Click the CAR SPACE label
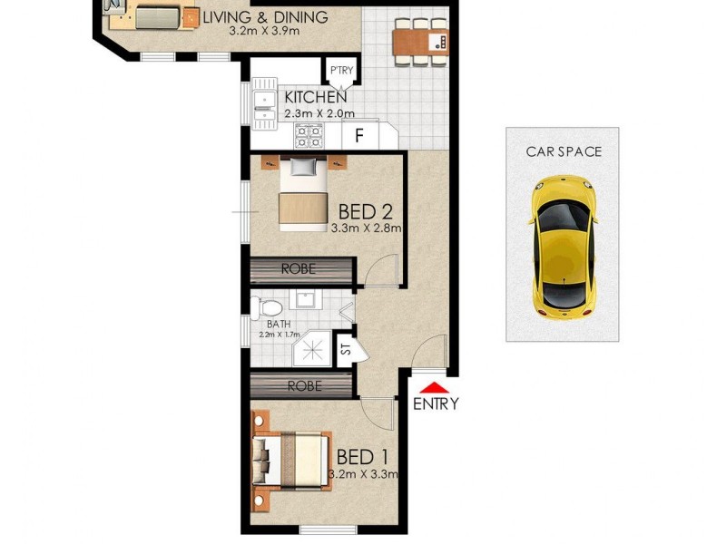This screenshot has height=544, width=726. tap(564, 151)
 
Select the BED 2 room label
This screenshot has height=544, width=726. tap(365, 211)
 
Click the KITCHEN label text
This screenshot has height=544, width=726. tap(315, 98)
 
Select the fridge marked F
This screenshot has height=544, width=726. tap(359, 137)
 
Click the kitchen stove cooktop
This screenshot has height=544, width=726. tap(309, 136)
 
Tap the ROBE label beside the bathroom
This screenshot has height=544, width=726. tap(298, 269)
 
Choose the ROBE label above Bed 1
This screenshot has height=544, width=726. tap(304, 385)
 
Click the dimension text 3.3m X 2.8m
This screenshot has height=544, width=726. tap(367, 228)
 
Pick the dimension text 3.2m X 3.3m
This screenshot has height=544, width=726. tap(365, 473)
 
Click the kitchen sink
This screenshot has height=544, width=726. tap(264, 105)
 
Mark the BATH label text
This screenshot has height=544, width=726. tap(279, 323)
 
